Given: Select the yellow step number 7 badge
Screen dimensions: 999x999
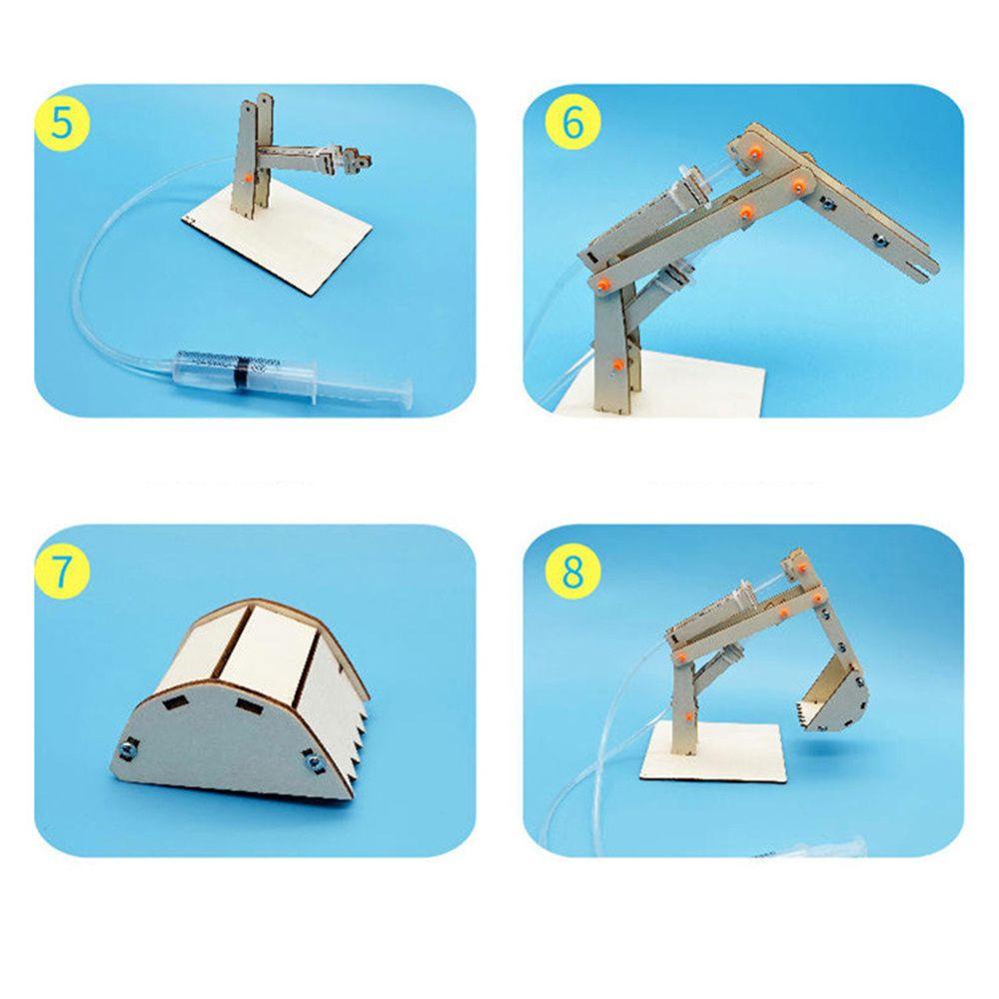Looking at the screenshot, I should click(62, 571).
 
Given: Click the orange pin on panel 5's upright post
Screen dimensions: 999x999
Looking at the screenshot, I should click(243, 177).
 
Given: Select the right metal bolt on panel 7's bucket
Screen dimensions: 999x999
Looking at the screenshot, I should click(311, 763).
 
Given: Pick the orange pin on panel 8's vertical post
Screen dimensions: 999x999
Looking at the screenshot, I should click(689, 715).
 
